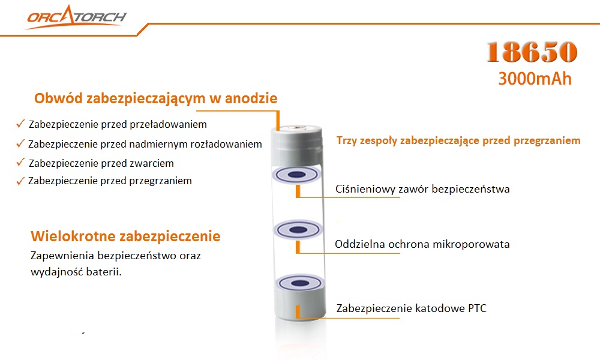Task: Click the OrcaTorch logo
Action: (76, 17)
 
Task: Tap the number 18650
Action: (532, 53)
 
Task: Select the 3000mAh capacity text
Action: (535, 79)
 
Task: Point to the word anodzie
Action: (251, 98)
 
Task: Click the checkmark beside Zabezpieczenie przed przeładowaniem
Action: (21, 124)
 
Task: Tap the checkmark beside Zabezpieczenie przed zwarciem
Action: (21, 163)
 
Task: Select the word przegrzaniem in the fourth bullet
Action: (161, 181)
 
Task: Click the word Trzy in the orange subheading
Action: (347, 140)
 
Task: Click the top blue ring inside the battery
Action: (298, 175)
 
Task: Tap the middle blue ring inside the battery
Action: (298, 229)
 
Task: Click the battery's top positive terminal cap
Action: (298, 128)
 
